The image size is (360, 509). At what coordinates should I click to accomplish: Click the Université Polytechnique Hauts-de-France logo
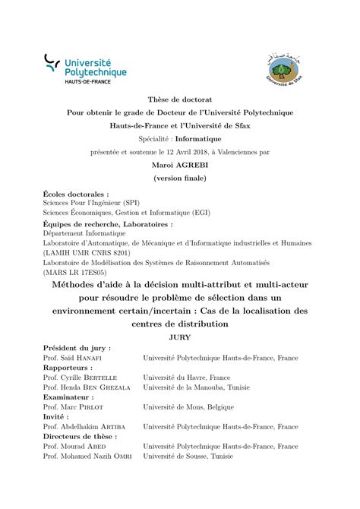[84, 68]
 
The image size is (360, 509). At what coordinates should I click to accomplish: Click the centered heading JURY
[180, 336]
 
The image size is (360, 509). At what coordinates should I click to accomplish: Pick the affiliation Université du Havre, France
[188, 377]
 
